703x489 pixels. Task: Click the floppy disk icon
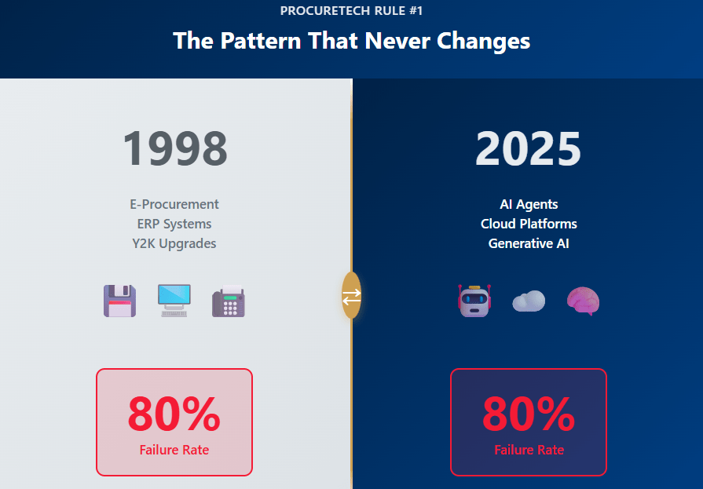pyautogui.click(x=119, y=301)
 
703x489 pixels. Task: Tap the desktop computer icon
pyautogui.click(x=174, y=301)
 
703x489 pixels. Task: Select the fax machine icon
pyautogui.click(x=229, y=301)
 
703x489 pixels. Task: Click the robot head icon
pyautogui.click(x=474, y=301)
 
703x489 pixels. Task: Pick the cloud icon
pyautogui.click(x=529, y=301)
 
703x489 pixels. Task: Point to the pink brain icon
pyautogui.click(x=583, y=301)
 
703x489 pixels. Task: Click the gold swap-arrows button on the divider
pyautogui.click(x=352, y=295)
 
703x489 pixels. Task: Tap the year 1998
pyautogui.click(x=175, y=148)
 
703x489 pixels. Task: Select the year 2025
pyautogui.click(x=528, y=148)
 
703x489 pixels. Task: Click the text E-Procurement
pyautogui.click(x=174, y=204)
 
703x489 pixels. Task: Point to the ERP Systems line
pyautogui.click(x=174, y=224)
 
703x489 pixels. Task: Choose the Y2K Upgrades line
pyautogui.click(x=174, y=243)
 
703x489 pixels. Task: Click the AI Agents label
pyautogui.click(x=529, y=204)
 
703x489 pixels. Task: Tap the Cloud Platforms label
pyautogui.click(x=529, y=224)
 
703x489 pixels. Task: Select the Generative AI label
pyautogui.click(x=529, y=243)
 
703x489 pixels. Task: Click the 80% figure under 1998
pyautogui.click(x=174, y=414)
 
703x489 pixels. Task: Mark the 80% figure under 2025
pyautogui.click(x=529, y=414)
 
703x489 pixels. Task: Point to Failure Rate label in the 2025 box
pyautogui.click(x=529, y=450)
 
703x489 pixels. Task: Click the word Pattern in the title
pyautogui.click(x=261, y=41)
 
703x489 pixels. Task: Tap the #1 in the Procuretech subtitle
pyautogui.click(x=416, y=10)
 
